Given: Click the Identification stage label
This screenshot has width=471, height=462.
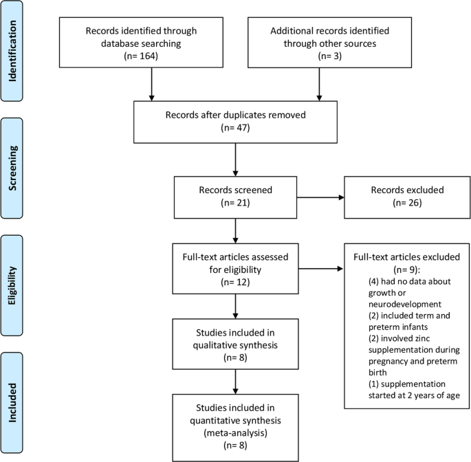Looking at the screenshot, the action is click(12, 51).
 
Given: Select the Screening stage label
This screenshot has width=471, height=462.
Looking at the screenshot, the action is click(12, 168).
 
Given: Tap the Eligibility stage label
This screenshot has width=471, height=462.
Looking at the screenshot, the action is click(12, 285).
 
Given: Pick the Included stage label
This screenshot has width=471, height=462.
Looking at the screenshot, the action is click(12, 402).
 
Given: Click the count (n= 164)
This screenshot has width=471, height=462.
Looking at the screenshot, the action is click(141, 56).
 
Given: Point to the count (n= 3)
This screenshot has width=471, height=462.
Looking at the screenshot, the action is click(330, 56).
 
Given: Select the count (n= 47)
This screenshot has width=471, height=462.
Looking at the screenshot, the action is click(235, 128).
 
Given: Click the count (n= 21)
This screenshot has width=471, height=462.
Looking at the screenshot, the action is click(235, 203).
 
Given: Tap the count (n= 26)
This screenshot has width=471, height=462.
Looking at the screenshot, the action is click(407, 203).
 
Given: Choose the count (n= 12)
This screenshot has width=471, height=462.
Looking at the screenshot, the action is click(235, 282).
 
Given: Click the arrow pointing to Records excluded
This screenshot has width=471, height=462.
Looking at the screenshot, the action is click(320, 197).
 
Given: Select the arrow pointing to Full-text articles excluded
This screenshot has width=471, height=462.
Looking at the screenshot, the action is click(320, 269).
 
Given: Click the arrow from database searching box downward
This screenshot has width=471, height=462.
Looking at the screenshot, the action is click(152, 84).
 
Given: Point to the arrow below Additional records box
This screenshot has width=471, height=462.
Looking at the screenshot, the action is click(319, 84).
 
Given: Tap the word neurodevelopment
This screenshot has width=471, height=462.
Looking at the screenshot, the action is click(405, 305).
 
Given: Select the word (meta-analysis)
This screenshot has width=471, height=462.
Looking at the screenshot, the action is click(235, 433).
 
